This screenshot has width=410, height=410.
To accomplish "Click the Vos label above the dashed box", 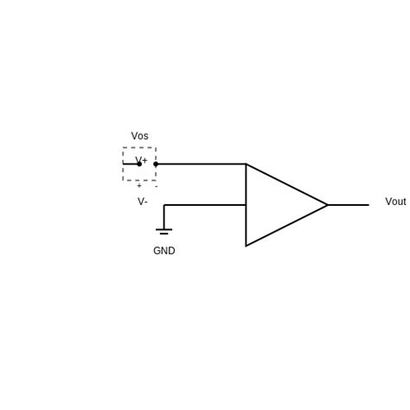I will [x=139, y=136].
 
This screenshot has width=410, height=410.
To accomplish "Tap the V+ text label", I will [x=142, y=161].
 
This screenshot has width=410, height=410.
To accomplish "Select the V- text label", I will [x=142, y=202].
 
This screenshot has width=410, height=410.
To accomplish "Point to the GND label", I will [x=163, y=251].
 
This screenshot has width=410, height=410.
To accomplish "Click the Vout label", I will [x=395, y=202].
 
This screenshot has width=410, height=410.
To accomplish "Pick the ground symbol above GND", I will [x=163, y=231].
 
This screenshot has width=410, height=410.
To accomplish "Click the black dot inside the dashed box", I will [x=139, y=163].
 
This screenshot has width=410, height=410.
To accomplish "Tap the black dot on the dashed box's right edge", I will [x=156, y=163].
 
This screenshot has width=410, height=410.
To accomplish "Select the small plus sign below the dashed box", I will [x=139, y=186].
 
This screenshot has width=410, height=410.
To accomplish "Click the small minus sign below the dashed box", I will [x=156, y=186].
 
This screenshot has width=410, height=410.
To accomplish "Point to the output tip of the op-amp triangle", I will [x=327, y=205].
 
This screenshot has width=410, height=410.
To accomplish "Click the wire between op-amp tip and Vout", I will [x=348, y=205].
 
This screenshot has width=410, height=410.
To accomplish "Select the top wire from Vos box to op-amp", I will [x=201, y=163].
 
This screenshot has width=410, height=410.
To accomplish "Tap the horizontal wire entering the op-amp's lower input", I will [x=205, y=205].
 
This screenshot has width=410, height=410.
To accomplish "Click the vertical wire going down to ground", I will [x=163, y=216].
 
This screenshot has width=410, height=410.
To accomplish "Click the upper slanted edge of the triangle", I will [x=286, y=184].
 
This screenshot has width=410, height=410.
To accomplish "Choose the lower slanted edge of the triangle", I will [x=286, y=226].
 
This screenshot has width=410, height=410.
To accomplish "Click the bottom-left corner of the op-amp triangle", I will [x=246, y=246].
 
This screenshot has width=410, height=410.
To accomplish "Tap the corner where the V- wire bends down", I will [x=163, y=205].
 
